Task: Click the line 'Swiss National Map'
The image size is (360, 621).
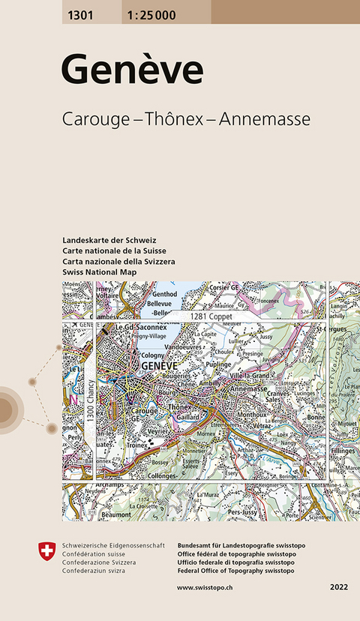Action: pos(99,271)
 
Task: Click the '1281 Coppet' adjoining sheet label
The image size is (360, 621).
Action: pos(211,317)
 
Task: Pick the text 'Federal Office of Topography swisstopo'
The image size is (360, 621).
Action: pos(235,570)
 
